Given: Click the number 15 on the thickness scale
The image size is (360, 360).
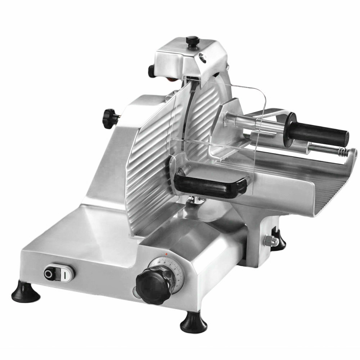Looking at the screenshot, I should pyautogui.click(x=158, y=263).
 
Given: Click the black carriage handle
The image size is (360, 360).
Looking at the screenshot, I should pyautogui.click(x=211, y=184).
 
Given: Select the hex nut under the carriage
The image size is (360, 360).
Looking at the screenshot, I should pyautogui.click(x=270, y=240).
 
